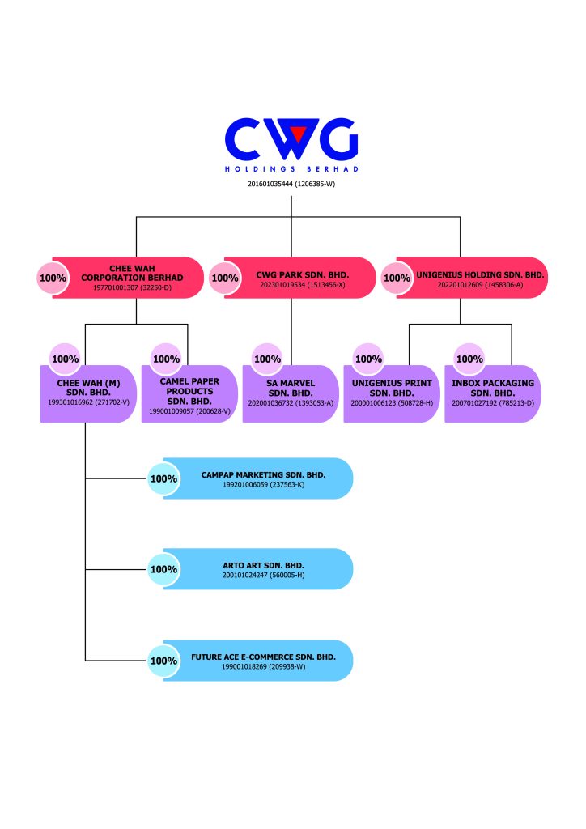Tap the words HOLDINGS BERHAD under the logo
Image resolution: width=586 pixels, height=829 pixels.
pyautogui.click(x=291, y=169)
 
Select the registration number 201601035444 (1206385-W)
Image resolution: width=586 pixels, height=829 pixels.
pyautogui.click(x=291, y=185)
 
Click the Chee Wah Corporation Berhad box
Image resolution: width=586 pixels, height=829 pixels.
pyautogui.click(x=130, y=278)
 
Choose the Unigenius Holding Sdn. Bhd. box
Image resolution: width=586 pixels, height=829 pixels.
pyautogui.click(x=473, y=278)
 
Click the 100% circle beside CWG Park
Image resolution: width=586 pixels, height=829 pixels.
pyautogui.click(x=225, y=278)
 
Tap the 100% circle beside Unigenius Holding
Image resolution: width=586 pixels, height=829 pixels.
pyautogui.click(x=397, y=278)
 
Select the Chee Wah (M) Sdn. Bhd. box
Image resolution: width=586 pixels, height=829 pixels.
pyautogui.click(x=85, y=393)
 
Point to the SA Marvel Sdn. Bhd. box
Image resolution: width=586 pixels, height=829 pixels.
pyautogui.click(x=291, y=393)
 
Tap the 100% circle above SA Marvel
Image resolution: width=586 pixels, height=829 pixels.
pyautogui.click(x=267, y=359)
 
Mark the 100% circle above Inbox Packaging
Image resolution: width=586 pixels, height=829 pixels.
pyautogui.click(x=469, y=359)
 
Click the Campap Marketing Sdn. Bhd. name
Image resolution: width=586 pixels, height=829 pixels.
pyautogui.click(x=263, y=474)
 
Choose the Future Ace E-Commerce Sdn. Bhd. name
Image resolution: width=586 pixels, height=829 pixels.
pyautogui.click(x=263, y=656)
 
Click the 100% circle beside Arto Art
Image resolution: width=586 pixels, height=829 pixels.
pyautogui.click(x=163, y=569)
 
